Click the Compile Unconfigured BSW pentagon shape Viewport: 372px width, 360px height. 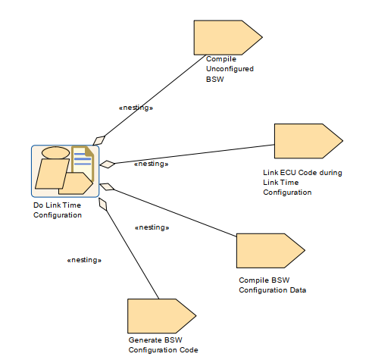pyautogui.click(x=228, y=38)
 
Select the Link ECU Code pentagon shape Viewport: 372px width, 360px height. pyautogui.click(x=308, y=141)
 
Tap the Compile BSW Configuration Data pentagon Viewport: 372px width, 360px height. pyautogui.click(x=270, y=251)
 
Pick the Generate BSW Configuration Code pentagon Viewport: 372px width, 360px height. pyautogui.click(x=162, y=316)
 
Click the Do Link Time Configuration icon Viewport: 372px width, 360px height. pyautogui.click(x=65, y=171)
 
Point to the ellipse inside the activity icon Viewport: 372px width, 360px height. pyautogui.click(x=55, y=153)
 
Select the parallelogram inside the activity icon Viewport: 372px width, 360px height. pyautogui.click(x=52, y=174)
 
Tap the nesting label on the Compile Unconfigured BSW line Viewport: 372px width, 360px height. pyautogui.click(x=136, y=108)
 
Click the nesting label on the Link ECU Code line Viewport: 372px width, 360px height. pyautogui.click(x=152, y=164)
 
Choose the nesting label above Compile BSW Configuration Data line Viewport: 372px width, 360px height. pyautogui.click(x=152, y=227)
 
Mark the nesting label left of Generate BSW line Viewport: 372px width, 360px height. pyautogui.click(x=84, y=260)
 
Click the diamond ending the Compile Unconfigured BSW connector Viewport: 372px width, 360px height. pyautogui.click(x=99, y=140)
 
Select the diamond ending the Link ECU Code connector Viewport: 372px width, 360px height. pyautogui.click(x=108, y=164)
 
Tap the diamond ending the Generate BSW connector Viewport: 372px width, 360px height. pyautogui.click(x=103, y=204)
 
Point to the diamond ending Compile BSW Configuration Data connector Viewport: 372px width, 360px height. pyautogui.click(x=107, y=186)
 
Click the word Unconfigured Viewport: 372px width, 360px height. pyautogui.click(x=230, y=69)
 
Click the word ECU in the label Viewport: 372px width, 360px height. pyautogui.click(x=288, y=173)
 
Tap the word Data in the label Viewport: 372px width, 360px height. pyautogui.click(x=298, y=290)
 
